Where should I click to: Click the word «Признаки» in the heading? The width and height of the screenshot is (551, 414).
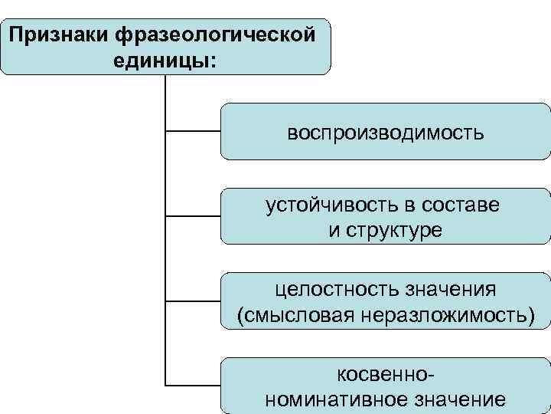[58, 34]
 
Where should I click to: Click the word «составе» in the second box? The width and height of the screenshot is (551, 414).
[464, 205]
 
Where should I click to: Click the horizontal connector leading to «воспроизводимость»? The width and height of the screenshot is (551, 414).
[193, 132]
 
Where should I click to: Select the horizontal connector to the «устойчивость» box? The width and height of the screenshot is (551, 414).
[193, 216]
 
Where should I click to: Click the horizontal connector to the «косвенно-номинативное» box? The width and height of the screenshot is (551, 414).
[193, 383]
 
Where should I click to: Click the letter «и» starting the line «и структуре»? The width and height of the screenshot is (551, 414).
[335, 230]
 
